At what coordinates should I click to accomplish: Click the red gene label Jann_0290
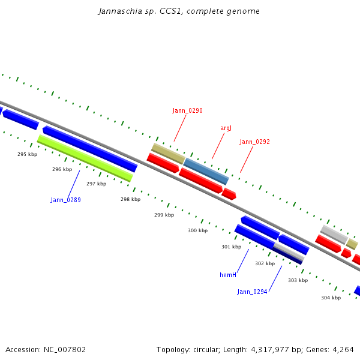click(x=187, y=110)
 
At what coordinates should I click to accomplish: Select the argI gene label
click(x=226, y=128)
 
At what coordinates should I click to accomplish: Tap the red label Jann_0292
click(x=254, y=142)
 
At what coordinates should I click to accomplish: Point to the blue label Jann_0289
click(x=65, y=200)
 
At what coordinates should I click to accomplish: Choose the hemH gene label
click(x=227, y=275)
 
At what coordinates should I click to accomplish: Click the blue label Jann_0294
click(x=252, y=292)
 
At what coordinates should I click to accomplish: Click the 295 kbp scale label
click(x=27, y=154)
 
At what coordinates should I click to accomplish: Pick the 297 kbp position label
click(x=96, y=184)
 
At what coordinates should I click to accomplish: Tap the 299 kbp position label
click(x=164, y=215)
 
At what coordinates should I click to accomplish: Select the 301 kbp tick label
click(x=231, y=247)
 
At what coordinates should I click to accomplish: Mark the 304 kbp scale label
click(x=331, y=298)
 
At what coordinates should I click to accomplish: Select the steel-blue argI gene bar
click(x=206, y=171)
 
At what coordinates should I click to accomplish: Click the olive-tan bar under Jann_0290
click(x=168, y=154)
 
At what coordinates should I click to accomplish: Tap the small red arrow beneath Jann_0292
click(x=229, y=194)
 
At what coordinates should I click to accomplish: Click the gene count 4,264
click(x=342, y=349)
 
